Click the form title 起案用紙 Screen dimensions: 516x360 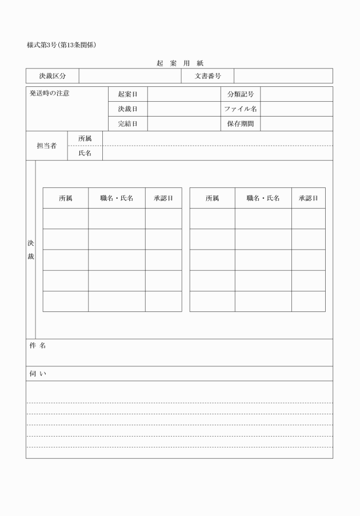click(x=180, y=63)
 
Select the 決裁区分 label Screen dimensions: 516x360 click(x=53, y=76)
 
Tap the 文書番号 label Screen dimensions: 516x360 click(x=208, y=76)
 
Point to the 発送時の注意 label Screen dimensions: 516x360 click(x=50, y=93)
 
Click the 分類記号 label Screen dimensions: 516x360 click(x=241, y=94)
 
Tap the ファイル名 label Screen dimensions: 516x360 click(x=241, y=109)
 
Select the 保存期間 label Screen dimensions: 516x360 click(x=241, y=124)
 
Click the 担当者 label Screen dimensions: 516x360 click(x=47, y=146)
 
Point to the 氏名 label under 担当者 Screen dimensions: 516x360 click(x=85, y=154)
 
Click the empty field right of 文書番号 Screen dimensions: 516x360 click(x=283, y=76)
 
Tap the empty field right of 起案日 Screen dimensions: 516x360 click(x=183, y=94)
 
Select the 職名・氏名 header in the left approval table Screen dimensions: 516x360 click(x=117, y=198)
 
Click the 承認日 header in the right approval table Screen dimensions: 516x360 click(x=308, y=198)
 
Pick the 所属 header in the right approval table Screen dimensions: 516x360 click(x=212, y=198)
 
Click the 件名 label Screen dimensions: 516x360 click(x=38, y=346)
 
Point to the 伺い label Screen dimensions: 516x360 click(x=38, y=374)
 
